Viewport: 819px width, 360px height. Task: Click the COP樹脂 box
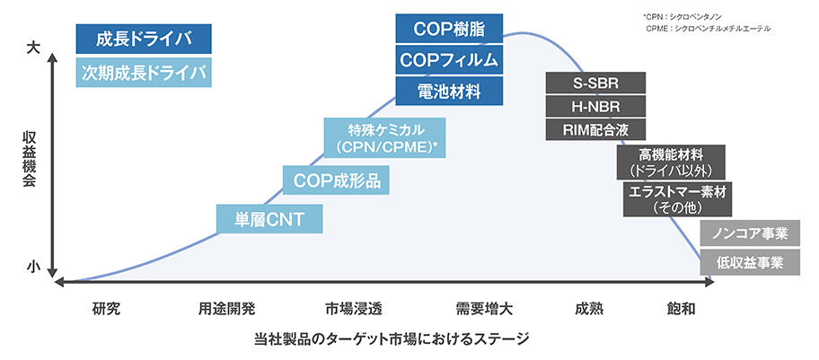coord(449,29)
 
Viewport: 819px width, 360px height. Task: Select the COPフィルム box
coord(449,60)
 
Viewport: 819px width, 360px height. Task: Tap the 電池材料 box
coord(449,91)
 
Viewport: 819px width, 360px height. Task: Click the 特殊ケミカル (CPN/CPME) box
coord(385,136)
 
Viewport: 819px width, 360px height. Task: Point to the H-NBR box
coord(595,107)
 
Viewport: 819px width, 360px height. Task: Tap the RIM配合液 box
coord(595,128)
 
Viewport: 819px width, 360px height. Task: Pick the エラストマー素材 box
coord(672,198)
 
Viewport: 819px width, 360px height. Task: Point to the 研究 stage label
coord(106,309)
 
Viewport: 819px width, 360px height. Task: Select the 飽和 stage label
coord(680,309)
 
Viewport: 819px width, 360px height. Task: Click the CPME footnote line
coord(708,29)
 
